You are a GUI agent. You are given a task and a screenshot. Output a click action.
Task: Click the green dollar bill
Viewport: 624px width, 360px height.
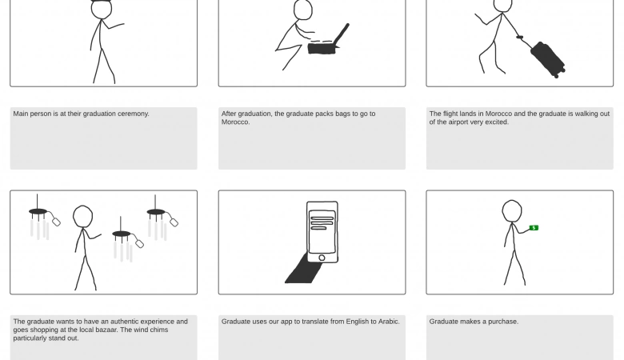tap(534, 227)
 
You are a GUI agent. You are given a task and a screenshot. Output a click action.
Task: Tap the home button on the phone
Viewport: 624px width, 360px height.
tap(322, 258)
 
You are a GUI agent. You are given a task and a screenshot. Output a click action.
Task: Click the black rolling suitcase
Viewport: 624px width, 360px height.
tap(547, 59)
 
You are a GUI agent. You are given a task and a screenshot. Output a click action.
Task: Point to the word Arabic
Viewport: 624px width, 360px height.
tap(389, 322)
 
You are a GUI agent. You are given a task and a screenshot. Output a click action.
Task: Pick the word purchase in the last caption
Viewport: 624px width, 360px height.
tap(504, 322)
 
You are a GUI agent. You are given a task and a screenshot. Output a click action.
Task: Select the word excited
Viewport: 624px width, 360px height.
tap(496, 122)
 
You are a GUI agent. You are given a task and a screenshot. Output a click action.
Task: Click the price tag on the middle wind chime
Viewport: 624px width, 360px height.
tap(139, 243)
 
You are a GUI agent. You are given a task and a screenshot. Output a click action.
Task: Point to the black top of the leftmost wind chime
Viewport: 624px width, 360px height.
tap(38, 211)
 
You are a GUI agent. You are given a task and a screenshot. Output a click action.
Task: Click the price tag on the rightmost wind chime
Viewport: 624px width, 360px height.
tap(174, 222)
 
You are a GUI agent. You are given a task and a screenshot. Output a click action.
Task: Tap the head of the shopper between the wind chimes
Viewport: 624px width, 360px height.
tap(82, 217)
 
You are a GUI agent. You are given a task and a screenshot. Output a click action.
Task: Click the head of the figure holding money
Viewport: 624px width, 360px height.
tap(512, 211)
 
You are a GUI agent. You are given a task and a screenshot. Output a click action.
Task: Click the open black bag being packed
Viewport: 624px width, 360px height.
tap(324, 47)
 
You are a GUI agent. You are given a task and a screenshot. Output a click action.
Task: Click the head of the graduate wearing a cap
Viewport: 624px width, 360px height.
tap(102, 9)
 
